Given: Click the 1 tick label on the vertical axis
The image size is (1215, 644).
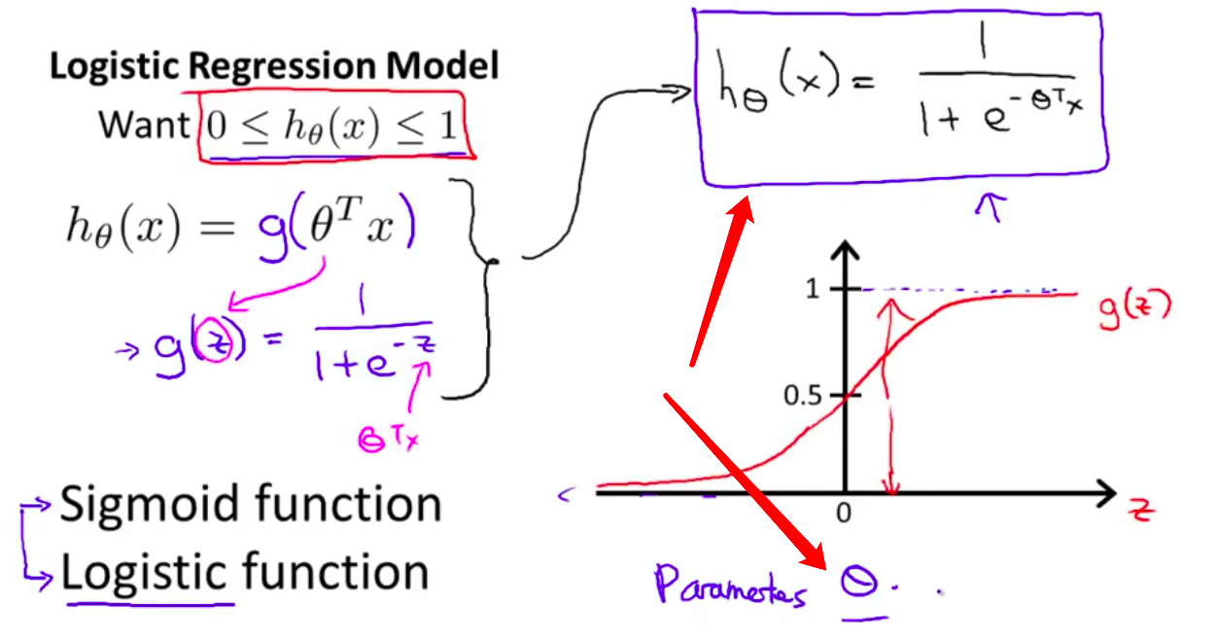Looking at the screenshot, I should (816, 289).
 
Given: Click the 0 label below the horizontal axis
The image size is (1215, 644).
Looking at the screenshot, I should (844, 513).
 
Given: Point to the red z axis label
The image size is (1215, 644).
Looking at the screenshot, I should (1142, 509).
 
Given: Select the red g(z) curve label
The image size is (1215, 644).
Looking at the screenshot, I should (1134, 307).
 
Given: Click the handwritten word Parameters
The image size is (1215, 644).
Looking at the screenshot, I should (730, 587).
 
